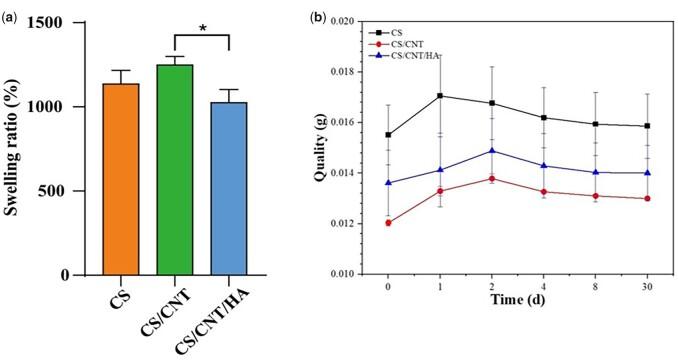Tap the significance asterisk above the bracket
(203, 28)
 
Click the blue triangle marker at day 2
(492, 151)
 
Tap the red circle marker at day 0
(388, 222)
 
